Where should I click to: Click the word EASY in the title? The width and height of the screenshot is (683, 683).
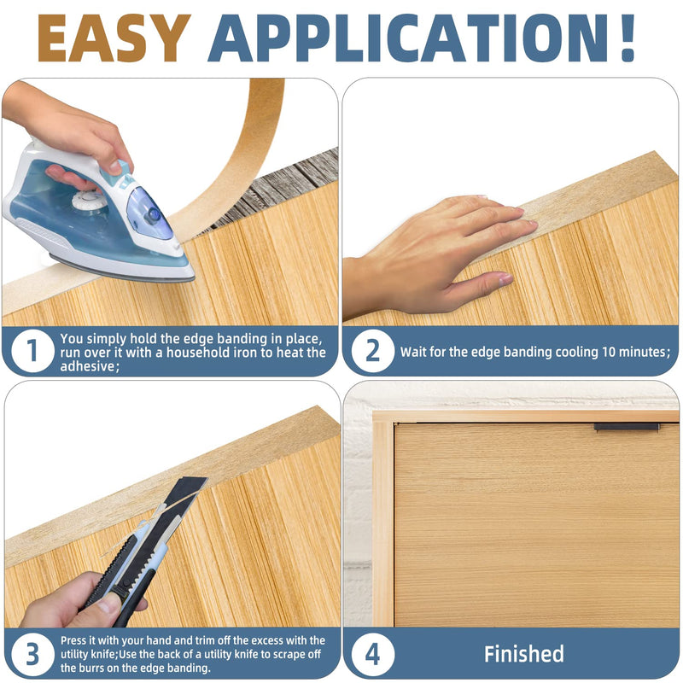pos(114,38)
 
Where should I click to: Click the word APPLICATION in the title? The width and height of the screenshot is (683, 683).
pos(408,38)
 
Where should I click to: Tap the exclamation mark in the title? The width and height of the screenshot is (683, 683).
pos(628,38)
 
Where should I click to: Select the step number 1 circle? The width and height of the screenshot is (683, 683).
pos(32,351)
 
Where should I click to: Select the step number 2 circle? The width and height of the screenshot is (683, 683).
pos(372,351)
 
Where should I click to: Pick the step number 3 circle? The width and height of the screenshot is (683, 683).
pos(32,654)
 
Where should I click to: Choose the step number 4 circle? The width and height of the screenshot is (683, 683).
pos(373,654)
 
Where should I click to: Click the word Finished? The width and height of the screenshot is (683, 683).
pos(524,654)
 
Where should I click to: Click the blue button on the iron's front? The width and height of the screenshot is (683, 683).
pos(153,214)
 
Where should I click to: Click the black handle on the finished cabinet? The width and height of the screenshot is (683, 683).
pos(627,427)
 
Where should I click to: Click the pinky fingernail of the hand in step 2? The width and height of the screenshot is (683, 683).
pos(505,279)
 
